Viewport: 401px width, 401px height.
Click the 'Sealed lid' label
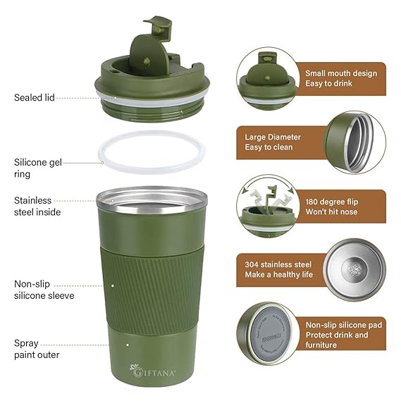coord(34,97)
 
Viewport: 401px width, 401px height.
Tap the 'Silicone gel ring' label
coord(38,167)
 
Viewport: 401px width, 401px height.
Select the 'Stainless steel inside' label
coord(37,206)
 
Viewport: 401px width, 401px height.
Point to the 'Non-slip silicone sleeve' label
coord(44,290)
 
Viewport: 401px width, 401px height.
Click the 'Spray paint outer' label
coord(36,349)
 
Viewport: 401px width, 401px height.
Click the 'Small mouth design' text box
coord(340,78)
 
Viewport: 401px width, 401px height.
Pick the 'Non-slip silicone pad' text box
coord(340,335)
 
